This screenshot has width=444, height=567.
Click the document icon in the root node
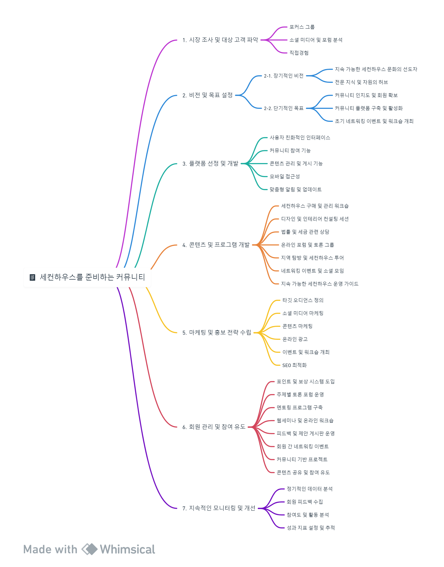[x=32, y=277]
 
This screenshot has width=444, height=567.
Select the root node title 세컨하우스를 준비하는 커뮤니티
[x=92, y=277]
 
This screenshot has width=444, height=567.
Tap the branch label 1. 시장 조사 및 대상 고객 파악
[x=220, y=40]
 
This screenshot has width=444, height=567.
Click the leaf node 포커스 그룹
[x=302, y=27]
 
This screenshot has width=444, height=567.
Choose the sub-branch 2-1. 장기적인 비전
[x=284, y=76]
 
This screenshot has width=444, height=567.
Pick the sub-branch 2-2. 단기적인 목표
[x=284, y=108]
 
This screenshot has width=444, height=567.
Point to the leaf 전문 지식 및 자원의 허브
[x=361, y=82]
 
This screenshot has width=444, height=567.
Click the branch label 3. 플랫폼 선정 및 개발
[x=210, y=164]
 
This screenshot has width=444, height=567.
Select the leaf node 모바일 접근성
[x=285, y=177]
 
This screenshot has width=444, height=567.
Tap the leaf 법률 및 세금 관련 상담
[x=305, y=232]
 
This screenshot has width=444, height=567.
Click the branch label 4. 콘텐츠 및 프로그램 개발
[x=216, y=245]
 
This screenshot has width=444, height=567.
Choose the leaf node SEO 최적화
[x=295, y=365]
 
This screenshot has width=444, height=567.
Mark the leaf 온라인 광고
[x=295, y=339]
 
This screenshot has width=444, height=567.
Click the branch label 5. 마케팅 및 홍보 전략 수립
[x=217, y=332]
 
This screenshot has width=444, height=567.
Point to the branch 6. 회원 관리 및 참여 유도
[x=214, y=427]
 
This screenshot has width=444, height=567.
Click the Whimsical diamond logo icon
[x=89, y=549]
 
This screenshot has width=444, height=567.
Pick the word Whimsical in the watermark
[x=128, y=549]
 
